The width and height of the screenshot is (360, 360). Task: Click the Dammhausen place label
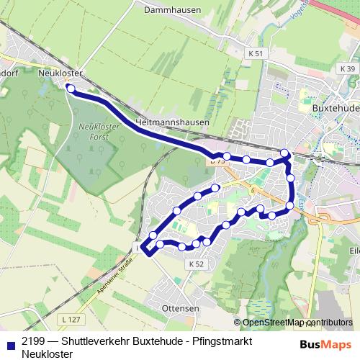coord(171,11)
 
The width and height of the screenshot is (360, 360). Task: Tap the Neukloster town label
coord(60,73)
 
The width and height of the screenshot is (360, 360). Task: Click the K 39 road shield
coord(347,68)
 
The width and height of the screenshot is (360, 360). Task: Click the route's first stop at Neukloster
coord(70,88)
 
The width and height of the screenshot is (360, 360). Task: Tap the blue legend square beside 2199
coord(11,343)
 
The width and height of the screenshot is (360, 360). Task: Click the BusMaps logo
coord(325,343)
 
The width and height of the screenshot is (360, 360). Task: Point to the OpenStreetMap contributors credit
coord(297,323)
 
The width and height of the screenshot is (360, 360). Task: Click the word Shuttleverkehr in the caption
coord(96,342)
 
